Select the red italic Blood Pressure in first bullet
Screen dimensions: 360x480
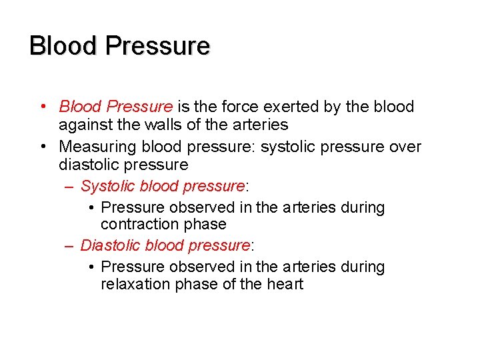click(115, 107)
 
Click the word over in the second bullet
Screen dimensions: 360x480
click(405, 146)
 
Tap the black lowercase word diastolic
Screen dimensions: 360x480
click(87, 165)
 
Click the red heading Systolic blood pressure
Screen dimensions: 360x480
click(162, 186)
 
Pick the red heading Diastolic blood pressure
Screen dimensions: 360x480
click(165, 245)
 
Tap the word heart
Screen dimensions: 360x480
click(285, 284)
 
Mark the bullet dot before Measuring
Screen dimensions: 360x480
click(43, 146)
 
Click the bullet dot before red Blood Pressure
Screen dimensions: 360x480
click(43, 107)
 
